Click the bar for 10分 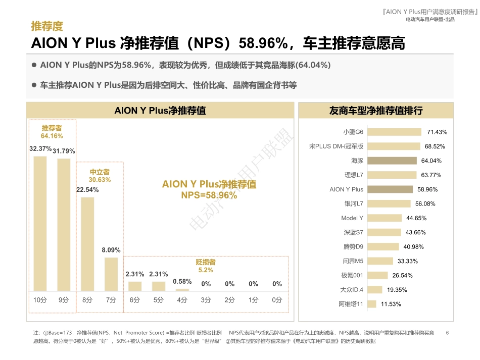click(40, 224)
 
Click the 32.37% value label click(40, 149)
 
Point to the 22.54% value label click(87, 190)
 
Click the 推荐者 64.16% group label click(52, 132)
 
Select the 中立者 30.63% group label click(100, 176)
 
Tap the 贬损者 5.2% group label click(206, 266)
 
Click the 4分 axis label click(182, 300)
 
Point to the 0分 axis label click(277, 300)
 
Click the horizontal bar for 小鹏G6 click(394, 132)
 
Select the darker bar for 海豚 click(392, 161)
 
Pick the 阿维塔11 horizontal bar click(371, 304)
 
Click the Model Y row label click(352, 218)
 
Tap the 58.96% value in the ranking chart click(427, 189)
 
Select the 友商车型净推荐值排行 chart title click(375, 111)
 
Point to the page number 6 click(448, 333)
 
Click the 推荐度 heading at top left click(47, 26)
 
